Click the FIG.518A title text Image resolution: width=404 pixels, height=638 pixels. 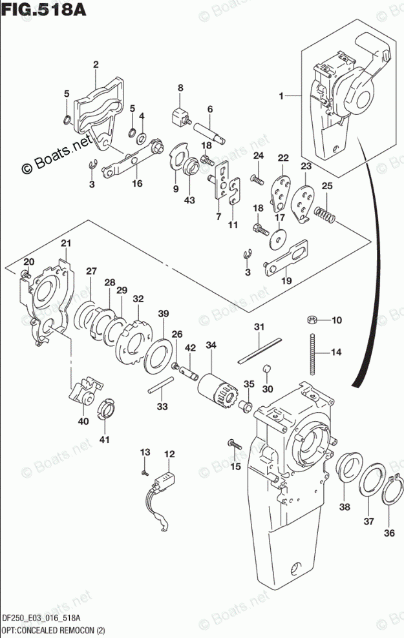(44, 9)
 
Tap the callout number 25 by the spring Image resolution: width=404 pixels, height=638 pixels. (327, 186)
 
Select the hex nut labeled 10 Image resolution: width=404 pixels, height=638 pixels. (312, 320)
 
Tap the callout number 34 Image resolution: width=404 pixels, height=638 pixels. (211, 345)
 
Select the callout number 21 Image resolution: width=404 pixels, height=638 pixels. (66, 243)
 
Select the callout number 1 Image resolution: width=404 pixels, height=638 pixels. (281, 96)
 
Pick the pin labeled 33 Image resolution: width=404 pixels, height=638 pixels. (161, 385)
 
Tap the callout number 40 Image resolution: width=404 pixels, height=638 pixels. (83, 422)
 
